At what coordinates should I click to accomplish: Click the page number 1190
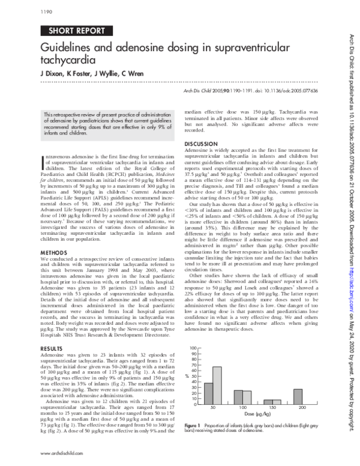point(46,11)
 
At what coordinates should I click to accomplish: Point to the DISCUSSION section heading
point(200,144)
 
